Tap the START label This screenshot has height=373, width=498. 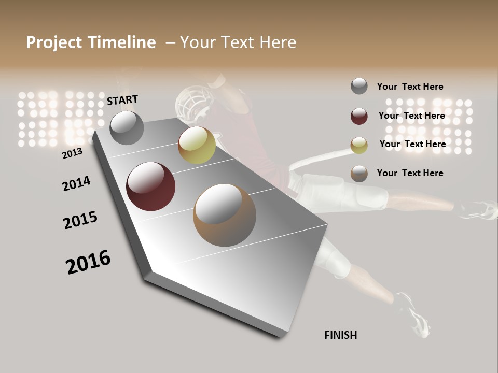point(122,100)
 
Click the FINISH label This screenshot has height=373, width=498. point(340,335)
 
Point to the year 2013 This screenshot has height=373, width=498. point(72,153)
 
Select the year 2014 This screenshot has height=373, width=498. point(76,183)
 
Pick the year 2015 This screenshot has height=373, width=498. point(80,220)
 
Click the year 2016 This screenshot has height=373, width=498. point(88,262)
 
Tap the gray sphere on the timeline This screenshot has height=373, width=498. point(127,127)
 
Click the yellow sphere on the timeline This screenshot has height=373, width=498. point(197,145)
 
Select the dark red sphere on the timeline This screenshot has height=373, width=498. point(150,187)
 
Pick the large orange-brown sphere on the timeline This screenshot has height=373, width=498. point(225,216)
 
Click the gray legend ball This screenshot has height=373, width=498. point(359,86)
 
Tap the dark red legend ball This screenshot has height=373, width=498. point(359,116)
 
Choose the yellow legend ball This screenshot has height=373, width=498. point(359,145)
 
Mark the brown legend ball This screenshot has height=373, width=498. point(359,174)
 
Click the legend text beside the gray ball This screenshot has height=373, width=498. point(410,87)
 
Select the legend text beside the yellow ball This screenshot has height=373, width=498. point(412,144)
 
